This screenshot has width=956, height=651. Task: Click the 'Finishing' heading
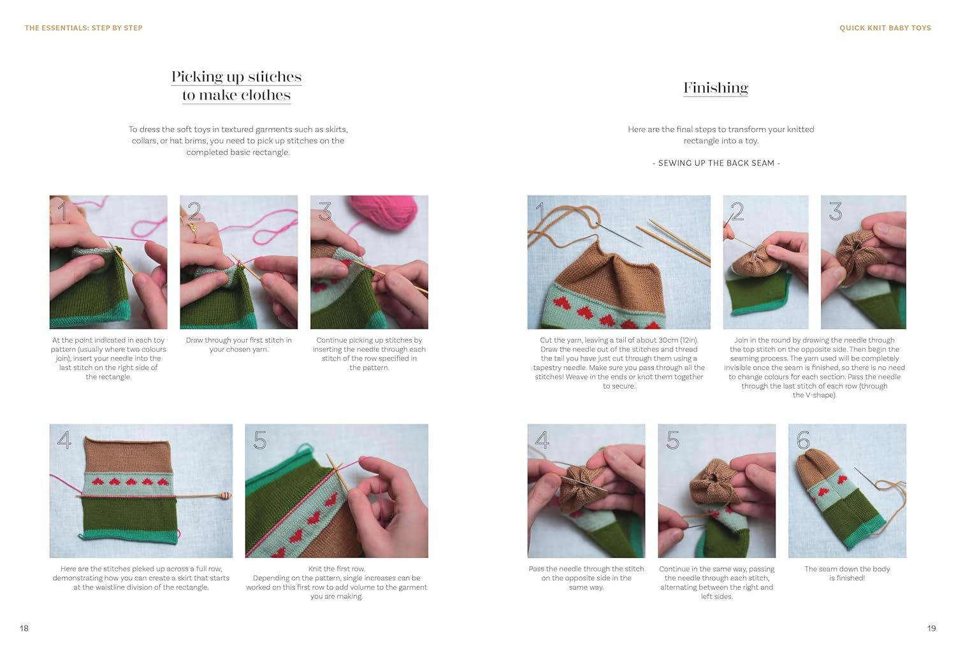coord(715,88)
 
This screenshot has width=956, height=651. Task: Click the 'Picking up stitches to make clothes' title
coord(236,85)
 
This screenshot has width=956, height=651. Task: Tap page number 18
coord(24,628)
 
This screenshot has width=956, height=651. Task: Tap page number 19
coord(931,628)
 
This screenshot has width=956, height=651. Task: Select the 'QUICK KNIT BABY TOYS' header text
coord(885,28)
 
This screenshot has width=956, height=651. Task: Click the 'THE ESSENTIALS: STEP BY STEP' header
coord(83,28)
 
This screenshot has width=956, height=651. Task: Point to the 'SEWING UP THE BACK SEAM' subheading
coord(716,163)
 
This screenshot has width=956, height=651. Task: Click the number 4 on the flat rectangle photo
coord(64,440)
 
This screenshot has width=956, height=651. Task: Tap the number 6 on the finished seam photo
coord(803,440)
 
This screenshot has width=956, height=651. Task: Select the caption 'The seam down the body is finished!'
coord(847,573)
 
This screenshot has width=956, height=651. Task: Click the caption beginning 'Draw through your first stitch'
coord(238,345)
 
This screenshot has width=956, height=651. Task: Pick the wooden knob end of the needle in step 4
coord(226,495)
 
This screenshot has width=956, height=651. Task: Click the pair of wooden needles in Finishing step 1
coord(679,242)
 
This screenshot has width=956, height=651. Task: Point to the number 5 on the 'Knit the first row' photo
coord(260,440)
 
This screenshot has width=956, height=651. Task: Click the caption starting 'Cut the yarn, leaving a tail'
coord(619,363)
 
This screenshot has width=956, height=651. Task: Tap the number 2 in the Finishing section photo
coord(737,211)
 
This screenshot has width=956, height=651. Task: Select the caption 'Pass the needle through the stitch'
coord(586,578)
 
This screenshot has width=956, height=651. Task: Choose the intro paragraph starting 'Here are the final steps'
coord(721,134)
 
